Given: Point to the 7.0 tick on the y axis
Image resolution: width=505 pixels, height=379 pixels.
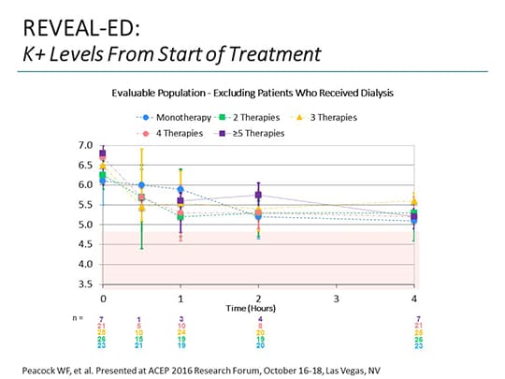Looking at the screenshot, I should [85, 146].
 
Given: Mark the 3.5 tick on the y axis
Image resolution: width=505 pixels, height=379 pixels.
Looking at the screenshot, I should [85, 284].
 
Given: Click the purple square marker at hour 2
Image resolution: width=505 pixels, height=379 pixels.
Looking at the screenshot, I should [259, 196].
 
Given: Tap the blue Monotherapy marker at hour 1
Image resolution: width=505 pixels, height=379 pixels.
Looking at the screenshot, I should [180, 189].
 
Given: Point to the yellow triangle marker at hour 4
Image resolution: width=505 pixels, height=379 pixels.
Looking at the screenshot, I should [414, 202].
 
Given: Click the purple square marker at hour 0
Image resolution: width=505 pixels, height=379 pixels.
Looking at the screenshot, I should [103, 153].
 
